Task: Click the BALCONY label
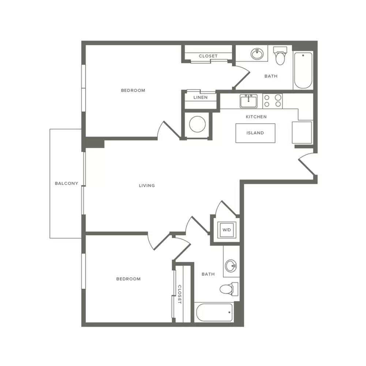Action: tap(67, 183)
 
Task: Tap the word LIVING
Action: tap(147, 186)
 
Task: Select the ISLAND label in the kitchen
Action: tap(255, 133)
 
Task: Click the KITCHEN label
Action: tap(256, 117)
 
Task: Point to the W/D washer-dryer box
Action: tap(227, 230)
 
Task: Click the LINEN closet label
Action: tap(200, 97)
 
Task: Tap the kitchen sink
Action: tap(249, 101)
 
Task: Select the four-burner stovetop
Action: tap(272, 101)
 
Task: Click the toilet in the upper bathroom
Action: tap(280, 56)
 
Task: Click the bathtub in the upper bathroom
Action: tap(303, 71)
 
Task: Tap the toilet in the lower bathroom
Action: tap(229, 289)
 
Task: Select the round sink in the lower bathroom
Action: tap(231, 266)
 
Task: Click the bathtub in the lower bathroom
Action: tap(214, 313)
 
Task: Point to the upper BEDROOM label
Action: tap(133, 90)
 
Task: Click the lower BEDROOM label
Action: tap(128, 279)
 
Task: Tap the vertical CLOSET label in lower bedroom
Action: tap(179, 294)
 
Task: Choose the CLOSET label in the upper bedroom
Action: tap(208, 56)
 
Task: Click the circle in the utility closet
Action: tap(198, 124)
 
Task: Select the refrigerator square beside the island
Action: tap(302, 132)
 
